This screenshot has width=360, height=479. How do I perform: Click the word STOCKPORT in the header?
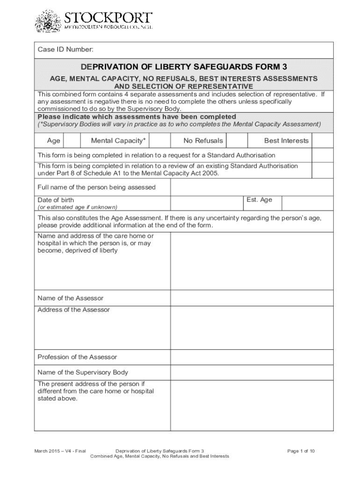(x=108, y=18)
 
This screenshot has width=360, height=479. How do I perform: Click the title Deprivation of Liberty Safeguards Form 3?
(x=184, y=66)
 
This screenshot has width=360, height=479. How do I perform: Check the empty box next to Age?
(x=72, y=141)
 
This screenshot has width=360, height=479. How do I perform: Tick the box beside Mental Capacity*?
(x=160, y=141)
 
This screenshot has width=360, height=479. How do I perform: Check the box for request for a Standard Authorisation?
(x=323, y=155)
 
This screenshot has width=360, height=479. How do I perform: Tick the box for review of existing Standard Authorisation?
(x=323, y=170)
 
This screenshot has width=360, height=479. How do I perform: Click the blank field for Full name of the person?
(x=252, y=187)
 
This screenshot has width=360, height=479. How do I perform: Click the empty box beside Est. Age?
(x=308, y=203)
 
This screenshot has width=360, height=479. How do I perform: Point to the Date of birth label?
(x=56, y=200)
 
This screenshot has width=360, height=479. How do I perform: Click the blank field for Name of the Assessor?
(x=252, y=298)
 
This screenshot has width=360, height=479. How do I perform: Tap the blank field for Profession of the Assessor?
(x=252, y=357)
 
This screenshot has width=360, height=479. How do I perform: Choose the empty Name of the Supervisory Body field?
(x=252, y=372)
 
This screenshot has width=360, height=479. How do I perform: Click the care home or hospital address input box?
(x=252, y=261)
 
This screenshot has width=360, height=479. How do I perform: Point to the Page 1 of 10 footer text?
(x=301, y=451)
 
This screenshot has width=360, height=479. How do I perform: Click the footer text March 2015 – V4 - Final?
(x=60, y=451)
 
